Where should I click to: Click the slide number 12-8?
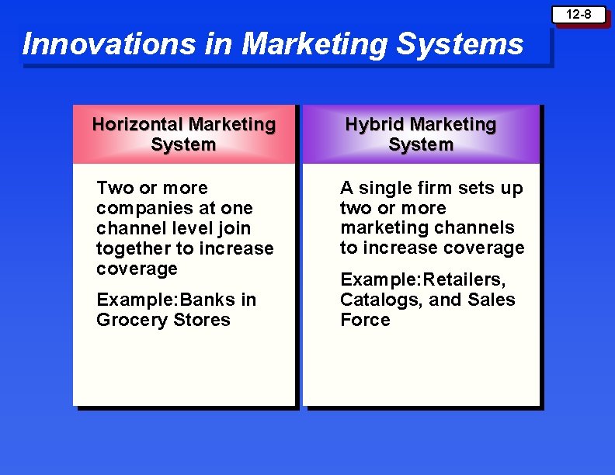tap(578, 15)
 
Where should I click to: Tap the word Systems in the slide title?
tap(460, 44)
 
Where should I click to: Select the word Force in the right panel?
tap(365, 320)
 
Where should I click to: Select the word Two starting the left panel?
tap(114, 188)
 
